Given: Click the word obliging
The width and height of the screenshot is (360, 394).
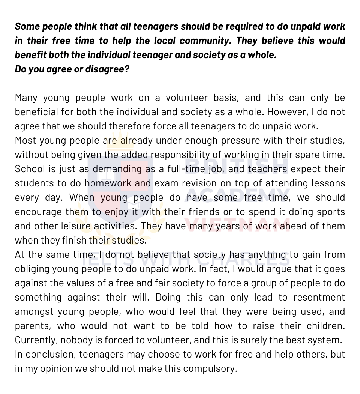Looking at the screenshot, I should [x=30, y=269].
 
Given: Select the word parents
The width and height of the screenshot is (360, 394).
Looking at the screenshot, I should [x=31, y=326].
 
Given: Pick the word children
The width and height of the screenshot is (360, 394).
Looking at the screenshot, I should [x=325, y=326].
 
